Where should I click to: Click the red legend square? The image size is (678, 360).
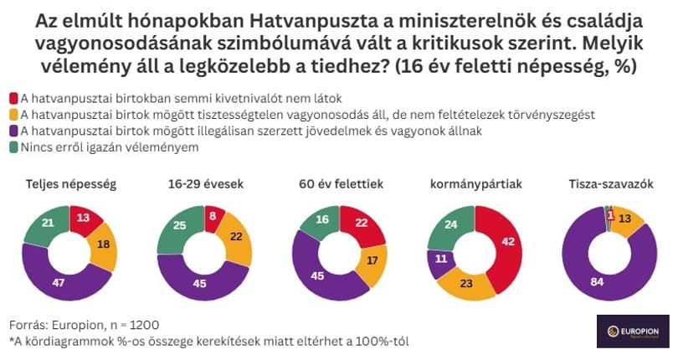(14, 99)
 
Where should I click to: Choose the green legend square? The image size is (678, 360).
(14, 147)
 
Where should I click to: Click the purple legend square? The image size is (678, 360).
(14, 131)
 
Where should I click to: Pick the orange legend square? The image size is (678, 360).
(14, 115)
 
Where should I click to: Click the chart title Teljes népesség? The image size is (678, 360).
(71, 184)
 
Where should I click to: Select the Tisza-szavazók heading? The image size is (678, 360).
(611, 184)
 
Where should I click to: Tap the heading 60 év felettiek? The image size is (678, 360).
(342, 184)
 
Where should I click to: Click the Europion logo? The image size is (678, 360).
(633, 332)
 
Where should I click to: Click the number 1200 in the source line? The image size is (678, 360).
(144, 325)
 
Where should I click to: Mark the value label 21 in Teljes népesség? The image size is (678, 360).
(48, 223)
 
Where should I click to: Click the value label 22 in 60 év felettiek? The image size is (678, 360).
(362, 223)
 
